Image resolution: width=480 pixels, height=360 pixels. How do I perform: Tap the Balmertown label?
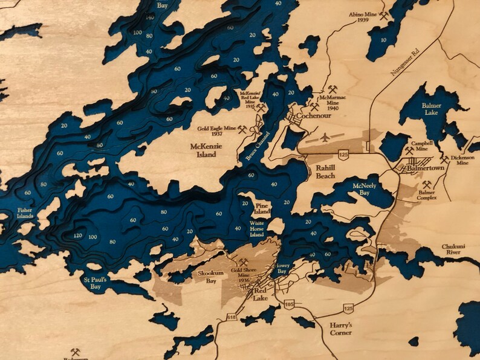pyautogui.click(x=426, y=169)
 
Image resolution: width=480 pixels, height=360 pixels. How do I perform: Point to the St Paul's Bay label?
pyautogui.click(x=96, y=283)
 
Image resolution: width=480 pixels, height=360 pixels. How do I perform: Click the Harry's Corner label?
pyautogui.click(x=340, y=329)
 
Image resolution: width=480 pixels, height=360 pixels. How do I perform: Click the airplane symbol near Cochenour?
pyautogui.click(x=325, y=138)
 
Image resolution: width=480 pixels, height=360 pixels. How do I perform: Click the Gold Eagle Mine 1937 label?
pyautogui.click(x=217, y=130)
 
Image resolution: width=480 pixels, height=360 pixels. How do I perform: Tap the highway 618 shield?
pyautogui.click(x=231, y=317)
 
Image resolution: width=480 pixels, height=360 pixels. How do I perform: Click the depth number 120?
pyautogui.click(x=77, y=236)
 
